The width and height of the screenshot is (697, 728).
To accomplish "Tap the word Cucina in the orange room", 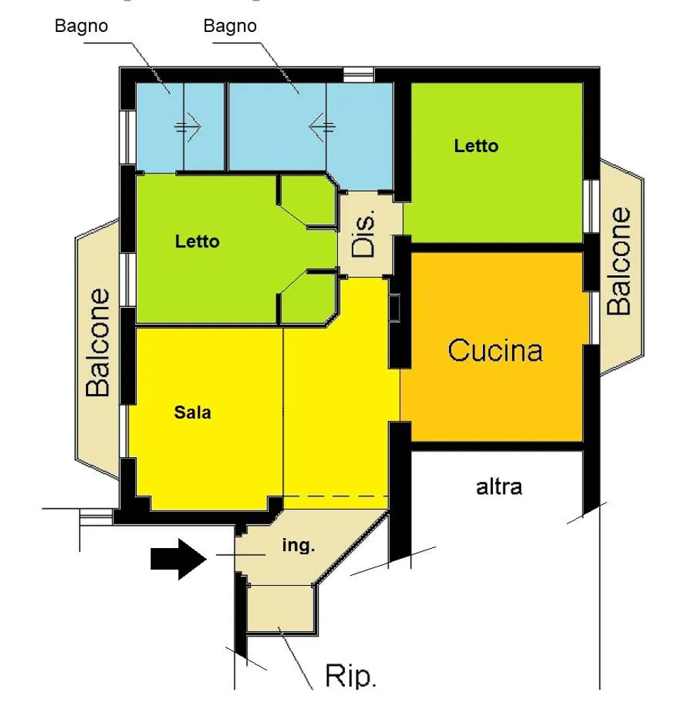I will [x=496, y=350].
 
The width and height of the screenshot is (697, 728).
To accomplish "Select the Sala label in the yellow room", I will [x=193, y=412].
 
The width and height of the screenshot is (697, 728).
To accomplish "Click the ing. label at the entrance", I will [x=299, y=546].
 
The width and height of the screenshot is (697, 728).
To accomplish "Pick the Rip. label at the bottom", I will [x=351, y=676].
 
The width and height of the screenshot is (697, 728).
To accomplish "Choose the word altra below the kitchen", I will [x=499, y=487].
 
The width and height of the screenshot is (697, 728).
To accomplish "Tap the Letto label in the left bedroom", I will [x=197, y=242].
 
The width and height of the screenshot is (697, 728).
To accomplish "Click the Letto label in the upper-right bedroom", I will [x=476, y=146].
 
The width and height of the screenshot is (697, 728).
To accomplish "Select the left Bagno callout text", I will [x=82, y=26].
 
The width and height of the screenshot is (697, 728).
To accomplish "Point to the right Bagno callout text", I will [x=230, y=26].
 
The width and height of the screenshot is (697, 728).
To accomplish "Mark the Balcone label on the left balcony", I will [x=99, y=342].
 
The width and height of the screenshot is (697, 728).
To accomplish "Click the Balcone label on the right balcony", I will [x=620, y=260].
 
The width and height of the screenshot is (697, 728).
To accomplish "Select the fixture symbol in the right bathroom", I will [x=321, y=127].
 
